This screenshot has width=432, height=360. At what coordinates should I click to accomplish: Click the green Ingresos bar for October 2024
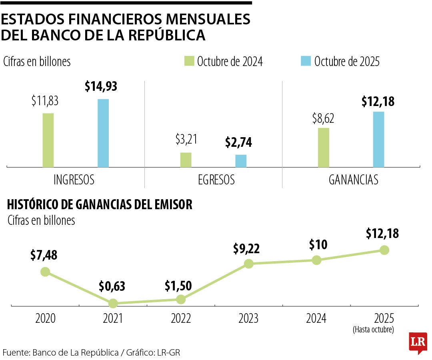point(48,140)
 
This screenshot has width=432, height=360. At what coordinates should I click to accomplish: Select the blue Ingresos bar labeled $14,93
point(103,133)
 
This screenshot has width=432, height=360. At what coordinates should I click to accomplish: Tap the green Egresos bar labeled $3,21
point(186,160)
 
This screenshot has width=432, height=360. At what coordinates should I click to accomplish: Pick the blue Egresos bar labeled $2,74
point(241,161)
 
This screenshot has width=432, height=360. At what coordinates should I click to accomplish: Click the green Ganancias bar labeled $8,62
point(323,147)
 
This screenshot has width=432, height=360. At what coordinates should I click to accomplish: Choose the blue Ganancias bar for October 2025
point(378,139)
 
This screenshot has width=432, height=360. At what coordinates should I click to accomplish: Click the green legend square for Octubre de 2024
point(189,61)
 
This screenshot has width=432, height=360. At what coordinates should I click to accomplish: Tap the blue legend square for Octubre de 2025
point(306,61)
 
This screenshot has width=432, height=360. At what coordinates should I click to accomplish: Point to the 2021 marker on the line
point(113,304)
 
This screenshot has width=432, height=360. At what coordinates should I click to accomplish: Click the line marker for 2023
point(249,264)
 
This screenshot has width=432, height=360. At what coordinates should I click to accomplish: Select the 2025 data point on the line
point(384,250)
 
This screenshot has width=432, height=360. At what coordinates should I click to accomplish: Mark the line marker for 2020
point(45,272)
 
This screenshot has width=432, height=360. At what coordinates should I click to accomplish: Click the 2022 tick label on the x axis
point(181,319)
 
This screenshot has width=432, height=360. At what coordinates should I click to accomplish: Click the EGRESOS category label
point(216,180)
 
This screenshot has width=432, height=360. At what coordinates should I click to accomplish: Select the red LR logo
point(417,342)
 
